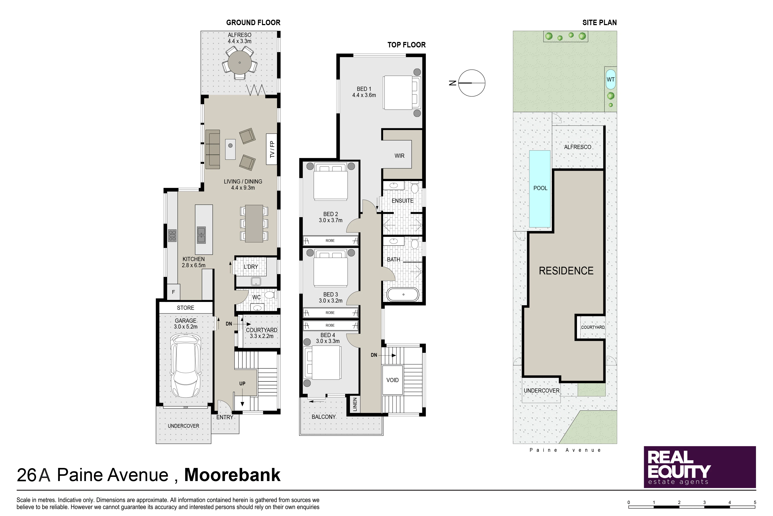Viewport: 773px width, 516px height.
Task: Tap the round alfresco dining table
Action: pyautogui.click(x=240, y=62)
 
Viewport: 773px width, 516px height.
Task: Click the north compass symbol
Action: pyautogui.click(x=471, y=83)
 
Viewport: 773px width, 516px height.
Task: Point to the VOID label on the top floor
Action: pyautogui.click(x=392, y=380)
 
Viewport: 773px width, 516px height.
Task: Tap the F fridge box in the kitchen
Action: pyautogui.click(x=173, y=292)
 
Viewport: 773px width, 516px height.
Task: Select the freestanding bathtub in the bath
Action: pyautogui.click(x=403, y=294)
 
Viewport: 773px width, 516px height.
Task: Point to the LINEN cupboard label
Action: pyautogui.click(x=355, y=404)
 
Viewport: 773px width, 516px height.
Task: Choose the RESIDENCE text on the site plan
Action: pyautogui.click(x=566, y=271)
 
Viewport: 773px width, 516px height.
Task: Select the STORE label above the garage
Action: pyautogui.click(x=185, y=308)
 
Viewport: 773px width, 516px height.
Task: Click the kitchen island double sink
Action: pyautogui.click(x=201, y=235)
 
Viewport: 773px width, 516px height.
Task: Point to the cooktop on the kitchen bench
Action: pyautogui.click(x=172, y=236)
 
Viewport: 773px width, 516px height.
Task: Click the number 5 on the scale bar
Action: pyautogui.click(x=755, y=502)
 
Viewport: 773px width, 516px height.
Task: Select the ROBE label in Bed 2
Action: pyautogui.click(x=330, y=241)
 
